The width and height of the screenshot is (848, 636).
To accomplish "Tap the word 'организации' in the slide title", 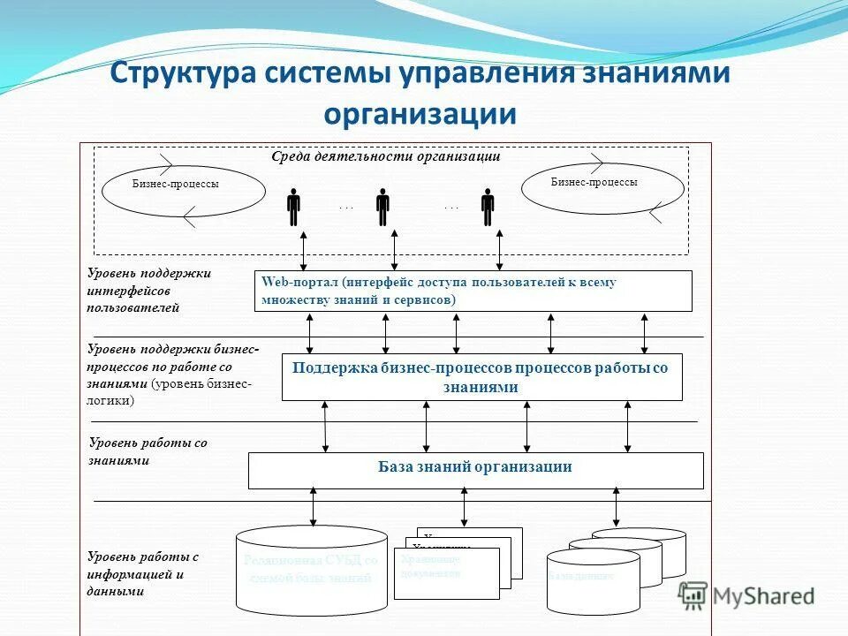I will (420, 114).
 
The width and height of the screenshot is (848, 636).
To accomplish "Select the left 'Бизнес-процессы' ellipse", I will (184, 191).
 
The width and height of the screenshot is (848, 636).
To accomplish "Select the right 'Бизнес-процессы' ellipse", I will (603, 188).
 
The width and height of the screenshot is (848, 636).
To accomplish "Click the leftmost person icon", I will (293, 207).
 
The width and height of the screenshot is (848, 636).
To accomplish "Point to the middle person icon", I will (382, 207).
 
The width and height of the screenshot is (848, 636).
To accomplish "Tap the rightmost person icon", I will (488, 207).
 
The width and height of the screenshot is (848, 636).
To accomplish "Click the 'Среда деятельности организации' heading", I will (385, 156).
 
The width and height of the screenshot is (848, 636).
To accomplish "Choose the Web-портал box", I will (473, 291).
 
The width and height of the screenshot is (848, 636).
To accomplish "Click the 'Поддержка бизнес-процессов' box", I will (481, 377).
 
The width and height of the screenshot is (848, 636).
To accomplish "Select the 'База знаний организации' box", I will (475, 470).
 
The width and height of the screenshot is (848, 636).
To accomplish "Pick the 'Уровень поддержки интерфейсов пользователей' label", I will (148, 291).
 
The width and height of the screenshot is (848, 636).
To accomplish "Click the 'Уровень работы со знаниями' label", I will (148, 451).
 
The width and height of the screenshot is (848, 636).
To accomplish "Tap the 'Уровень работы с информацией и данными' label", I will (143, 574).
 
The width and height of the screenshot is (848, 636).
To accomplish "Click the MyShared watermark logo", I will (747, 595).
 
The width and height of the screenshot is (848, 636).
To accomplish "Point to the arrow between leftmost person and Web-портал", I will (304, 249).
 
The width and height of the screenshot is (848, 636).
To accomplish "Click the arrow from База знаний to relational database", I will (313, 507).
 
